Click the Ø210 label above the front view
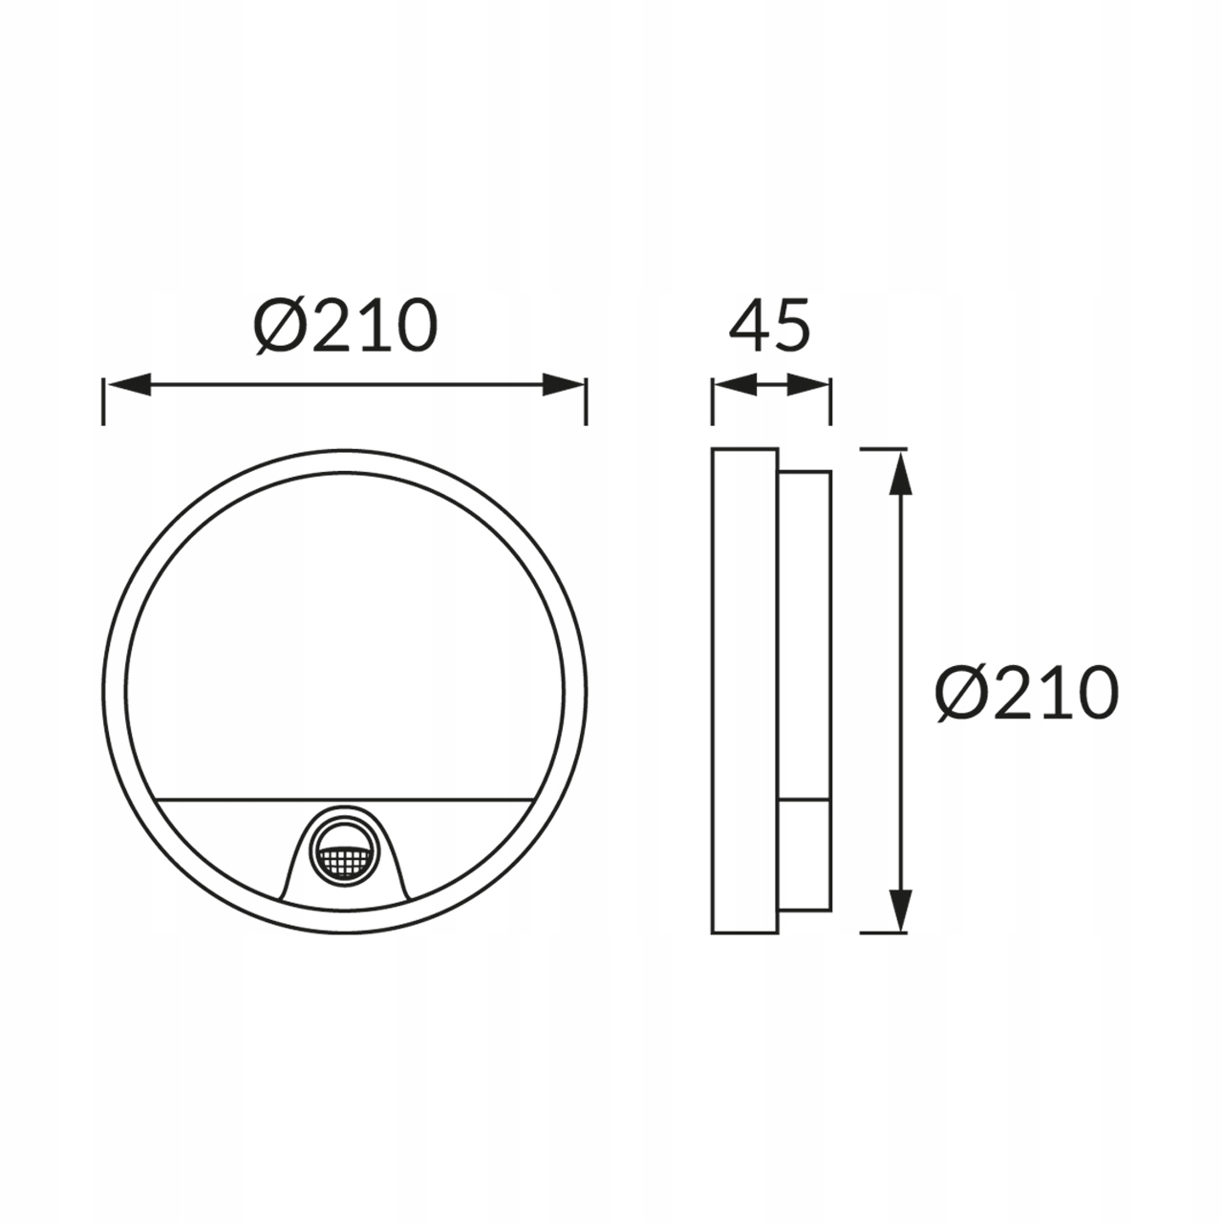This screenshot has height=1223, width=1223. pos(346,326)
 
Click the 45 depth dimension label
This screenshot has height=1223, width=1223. pos(770,326)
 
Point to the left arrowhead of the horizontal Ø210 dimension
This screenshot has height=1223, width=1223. pos(129,385)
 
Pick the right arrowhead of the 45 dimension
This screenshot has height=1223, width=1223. pos(808,385)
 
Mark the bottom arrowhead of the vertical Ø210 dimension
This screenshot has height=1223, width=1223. pos(901,910)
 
